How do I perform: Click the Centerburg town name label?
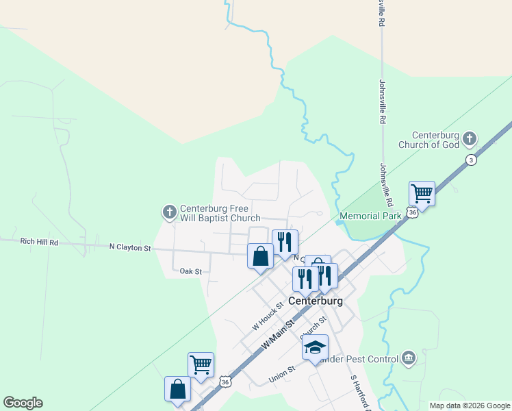click(315, 301)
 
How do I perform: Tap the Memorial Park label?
click(370, 216)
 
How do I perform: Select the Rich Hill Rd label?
click(40, 242)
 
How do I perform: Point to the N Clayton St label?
click(130, 247)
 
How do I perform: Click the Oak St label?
click(190, 272)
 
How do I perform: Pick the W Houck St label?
click(268, 317)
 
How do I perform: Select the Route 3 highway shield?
click(471, 160)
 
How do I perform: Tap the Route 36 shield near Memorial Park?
click(411, 212)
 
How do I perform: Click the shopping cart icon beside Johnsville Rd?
click(422, 194)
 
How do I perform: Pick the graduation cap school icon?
click(315, 347)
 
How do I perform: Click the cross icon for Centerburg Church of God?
click(470, 139)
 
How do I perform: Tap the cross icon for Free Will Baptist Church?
click(169, 212)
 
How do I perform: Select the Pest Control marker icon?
click(409, 358)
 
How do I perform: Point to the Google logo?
click(23, 403)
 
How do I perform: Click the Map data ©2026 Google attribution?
click(470, 406)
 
